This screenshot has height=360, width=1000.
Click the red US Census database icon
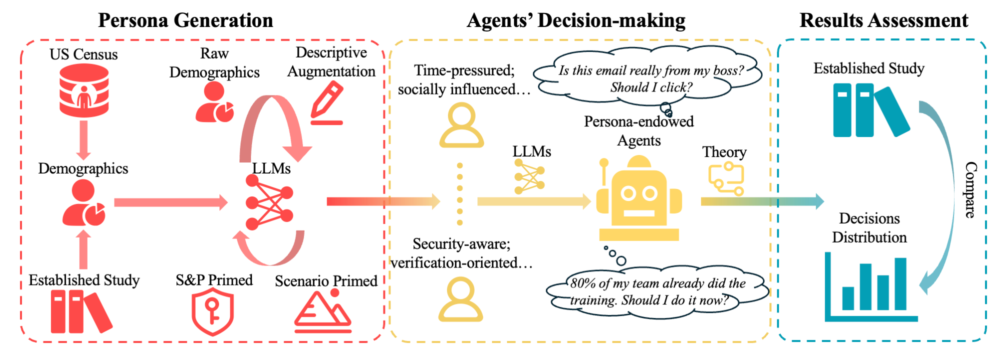84,91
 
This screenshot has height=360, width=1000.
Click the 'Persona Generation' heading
185,20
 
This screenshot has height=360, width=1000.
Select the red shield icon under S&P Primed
213,312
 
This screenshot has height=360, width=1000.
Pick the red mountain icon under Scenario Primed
323,312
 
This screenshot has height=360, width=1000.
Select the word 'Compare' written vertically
970,190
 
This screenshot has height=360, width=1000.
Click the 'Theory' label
724,152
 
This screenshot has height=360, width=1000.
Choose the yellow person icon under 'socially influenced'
461,125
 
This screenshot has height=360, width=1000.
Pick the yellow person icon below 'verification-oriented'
460,299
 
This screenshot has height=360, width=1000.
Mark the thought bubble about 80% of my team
657,291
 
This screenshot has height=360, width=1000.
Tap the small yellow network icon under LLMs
529,176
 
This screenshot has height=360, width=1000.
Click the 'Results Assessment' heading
883,20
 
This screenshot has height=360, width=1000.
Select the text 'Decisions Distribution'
869,227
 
